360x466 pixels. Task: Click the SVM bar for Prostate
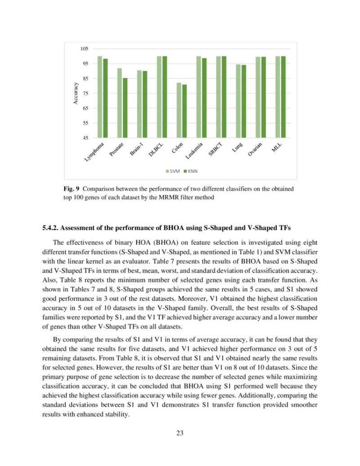(119, 103)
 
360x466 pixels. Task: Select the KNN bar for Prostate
(125, 108)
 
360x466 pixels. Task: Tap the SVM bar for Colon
(179, 110)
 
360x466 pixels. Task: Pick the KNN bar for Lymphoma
(105, 98)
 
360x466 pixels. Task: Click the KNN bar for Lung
(243, 101)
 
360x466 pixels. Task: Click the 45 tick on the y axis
(85, 138)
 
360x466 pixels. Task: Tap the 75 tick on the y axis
(85, 93)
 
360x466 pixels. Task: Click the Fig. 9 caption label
(71, 189)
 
